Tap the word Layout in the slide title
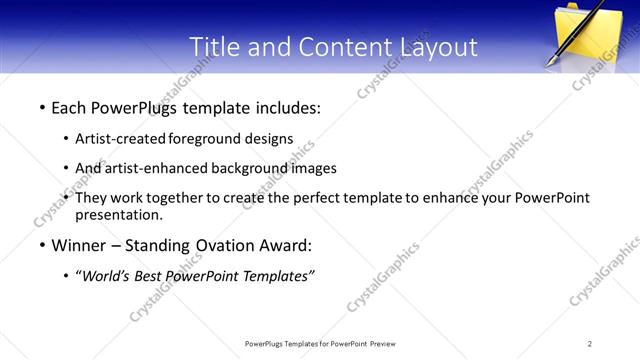(435, 46)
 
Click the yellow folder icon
(589, 36)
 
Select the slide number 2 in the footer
(590, 344)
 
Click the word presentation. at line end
(118, 215)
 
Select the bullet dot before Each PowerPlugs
(41, 106)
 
